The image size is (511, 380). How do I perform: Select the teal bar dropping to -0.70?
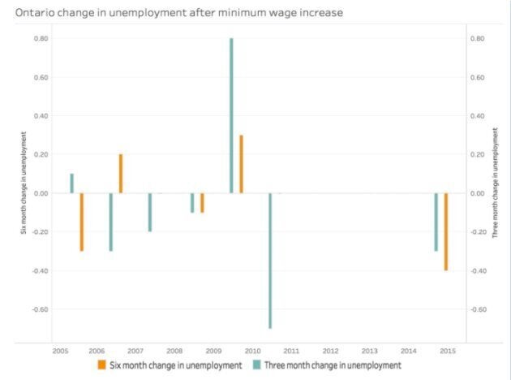[x=270, y=260]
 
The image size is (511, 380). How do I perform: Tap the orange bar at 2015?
[x=446, y=231]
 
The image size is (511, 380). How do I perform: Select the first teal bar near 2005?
[x=71, y=184]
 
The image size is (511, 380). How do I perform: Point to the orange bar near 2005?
[x=81, y=222]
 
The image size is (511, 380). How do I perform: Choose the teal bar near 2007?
[x=150, y=212]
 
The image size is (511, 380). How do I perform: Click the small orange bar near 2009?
[x=202, y=202]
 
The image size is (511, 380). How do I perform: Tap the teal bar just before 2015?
[x=436, y=222]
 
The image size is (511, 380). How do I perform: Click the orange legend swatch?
[x=102, y=365]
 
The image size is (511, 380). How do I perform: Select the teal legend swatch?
[x=256, y=365]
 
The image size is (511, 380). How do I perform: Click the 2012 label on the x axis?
[x=329, y=351]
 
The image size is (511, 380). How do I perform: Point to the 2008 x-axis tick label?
[x=174, y=351]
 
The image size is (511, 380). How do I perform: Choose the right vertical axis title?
[x=495, y=193]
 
